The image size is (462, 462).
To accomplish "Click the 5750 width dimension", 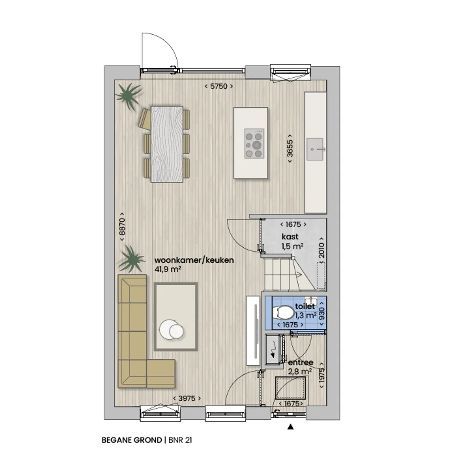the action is [219, 86].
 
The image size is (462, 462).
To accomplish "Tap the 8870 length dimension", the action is [121, 227].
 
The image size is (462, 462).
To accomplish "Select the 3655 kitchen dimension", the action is [290, 148].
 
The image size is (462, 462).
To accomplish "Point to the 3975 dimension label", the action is [187, 398].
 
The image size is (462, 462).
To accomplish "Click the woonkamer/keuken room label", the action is [194, 260].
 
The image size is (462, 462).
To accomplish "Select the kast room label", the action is [290, 237].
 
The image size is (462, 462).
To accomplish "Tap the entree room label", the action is [301, 362].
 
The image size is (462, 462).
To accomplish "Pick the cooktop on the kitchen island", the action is [254, 143].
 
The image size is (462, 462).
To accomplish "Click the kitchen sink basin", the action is [315, 149].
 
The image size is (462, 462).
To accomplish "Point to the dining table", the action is [167, 144].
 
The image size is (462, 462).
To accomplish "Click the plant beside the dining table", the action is [129, 95].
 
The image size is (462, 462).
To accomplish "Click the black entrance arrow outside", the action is [290, 426].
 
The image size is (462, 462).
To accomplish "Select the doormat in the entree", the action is [290, 388].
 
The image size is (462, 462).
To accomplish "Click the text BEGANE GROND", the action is [132, 440].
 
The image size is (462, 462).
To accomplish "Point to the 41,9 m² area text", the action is [168, 269].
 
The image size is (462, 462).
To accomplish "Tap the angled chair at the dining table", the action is [145, 119].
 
